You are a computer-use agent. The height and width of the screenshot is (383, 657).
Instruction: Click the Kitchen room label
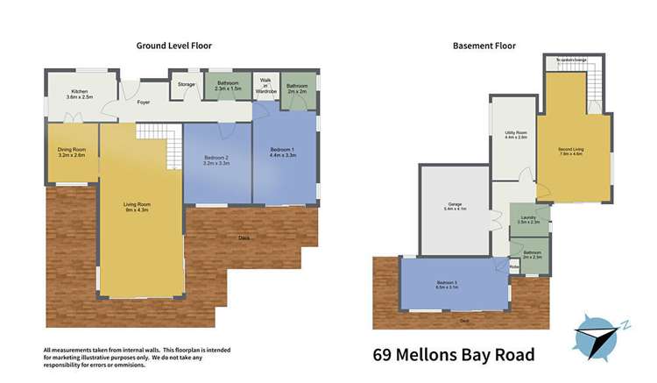79,93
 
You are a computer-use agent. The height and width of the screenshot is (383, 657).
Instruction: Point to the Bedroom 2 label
215,160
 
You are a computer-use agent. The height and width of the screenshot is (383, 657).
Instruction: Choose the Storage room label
186,84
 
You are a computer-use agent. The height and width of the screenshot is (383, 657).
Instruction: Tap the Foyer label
143,103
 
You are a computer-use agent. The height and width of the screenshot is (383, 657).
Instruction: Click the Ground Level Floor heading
173,46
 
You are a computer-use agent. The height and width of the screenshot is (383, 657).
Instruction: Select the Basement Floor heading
484,46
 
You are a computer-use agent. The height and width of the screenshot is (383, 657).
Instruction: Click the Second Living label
571,151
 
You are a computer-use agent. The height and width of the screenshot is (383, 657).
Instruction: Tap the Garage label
455,208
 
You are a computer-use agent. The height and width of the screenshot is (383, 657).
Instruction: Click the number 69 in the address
384,355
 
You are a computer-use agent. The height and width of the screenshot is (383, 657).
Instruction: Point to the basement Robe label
515,266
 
